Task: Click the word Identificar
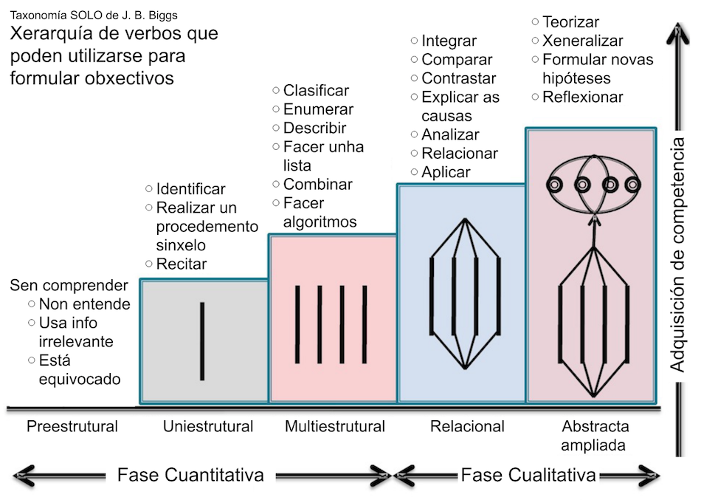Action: (190, 190)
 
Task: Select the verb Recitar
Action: (182, 264)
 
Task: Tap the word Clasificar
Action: (316, 91)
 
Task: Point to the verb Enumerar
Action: (318, 109)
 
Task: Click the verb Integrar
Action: (449, 41)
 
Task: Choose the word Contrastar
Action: (458, 78)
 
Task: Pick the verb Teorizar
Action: (570, 22)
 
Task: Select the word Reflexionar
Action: (583, 97)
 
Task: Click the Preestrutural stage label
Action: (72, 426)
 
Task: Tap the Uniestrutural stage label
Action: (208, 426)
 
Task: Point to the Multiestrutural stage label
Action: (335, 426)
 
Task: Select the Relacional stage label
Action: (467, 426)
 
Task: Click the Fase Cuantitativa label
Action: (190, 475)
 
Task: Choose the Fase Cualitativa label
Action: (528, 475)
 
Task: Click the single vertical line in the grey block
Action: (203, 340)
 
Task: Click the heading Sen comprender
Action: (69, 286)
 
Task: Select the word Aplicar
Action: (446, 172)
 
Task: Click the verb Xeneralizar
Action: (582, 41)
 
